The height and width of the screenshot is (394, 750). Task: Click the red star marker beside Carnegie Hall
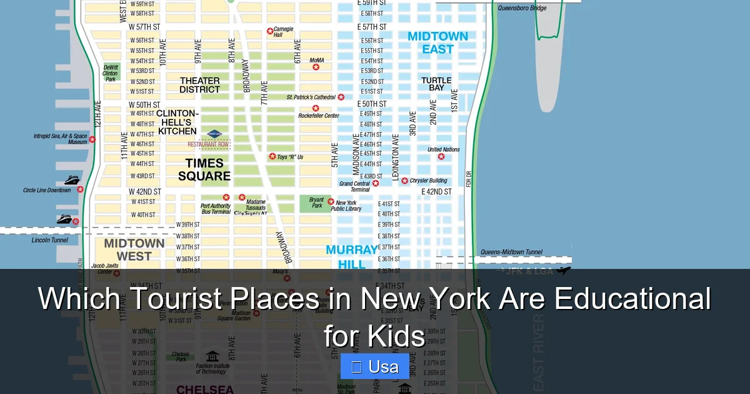point(270,31)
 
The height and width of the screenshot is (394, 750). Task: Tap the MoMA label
point(317,60)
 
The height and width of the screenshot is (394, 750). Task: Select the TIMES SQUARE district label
point(204,170)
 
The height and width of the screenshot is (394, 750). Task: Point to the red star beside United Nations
point(441,156)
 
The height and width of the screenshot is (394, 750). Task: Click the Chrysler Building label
point(428,181)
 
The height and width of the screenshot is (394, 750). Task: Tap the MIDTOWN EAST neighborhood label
point(437,43)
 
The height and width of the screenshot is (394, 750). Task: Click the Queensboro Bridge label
point(522,8)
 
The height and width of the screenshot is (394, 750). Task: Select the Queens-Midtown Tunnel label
point(511,252)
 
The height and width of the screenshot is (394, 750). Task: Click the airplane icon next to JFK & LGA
point(564,270)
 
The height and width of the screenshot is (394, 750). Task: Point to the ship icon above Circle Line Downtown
point(72,180)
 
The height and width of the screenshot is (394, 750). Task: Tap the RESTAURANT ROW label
point(208,144)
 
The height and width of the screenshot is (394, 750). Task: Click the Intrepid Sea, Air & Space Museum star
point(92,139)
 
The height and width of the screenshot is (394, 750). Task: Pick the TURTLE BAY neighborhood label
point(436,84)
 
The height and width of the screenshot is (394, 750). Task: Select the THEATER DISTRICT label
point(200,85)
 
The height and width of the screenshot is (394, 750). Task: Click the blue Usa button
point(375,366)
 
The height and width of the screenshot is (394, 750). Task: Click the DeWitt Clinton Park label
point(110,73)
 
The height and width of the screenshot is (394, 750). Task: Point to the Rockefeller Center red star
point(316,108)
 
